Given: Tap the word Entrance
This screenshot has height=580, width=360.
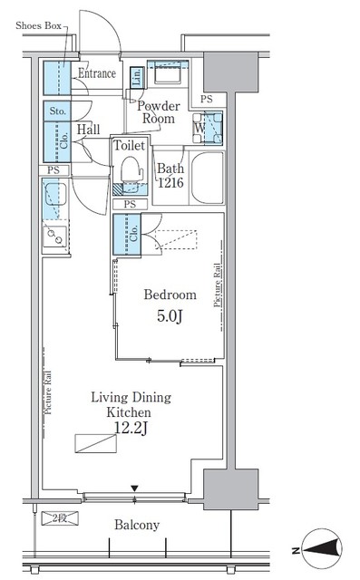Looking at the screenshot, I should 97,73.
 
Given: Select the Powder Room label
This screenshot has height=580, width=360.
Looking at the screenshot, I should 156,111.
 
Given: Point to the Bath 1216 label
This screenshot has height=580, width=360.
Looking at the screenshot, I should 170,175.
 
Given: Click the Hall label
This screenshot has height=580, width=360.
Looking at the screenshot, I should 88,130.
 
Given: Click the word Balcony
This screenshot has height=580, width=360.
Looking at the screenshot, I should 137,525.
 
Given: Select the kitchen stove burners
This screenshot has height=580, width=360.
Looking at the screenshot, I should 53,237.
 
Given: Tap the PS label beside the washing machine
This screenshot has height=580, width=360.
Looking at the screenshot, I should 207,99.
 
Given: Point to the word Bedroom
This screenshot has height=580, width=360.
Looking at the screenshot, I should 170,295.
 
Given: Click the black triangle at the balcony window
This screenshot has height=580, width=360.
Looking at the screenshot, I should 135,490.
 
